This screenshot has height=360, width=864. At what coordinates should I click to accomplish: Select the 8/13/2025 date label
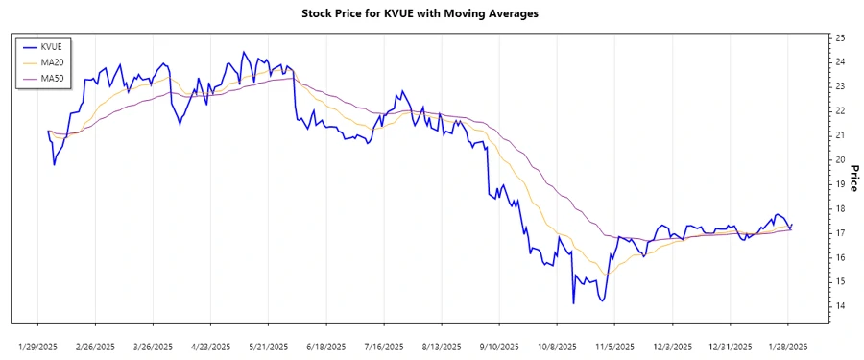443,346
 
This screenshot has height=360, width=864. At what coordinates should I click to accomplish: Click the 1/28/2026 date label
788,346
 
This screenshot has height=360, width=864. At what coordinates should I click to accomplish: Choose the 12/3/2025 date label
673,346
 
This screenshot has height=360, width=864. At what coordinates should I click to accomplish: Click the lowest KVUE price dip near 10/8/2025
573,303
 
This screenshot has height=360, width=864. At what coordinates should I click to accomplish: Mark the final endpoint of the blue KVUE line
792,224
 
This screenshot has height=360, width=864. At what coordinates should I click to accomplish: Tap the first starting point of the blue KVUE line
48,131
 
